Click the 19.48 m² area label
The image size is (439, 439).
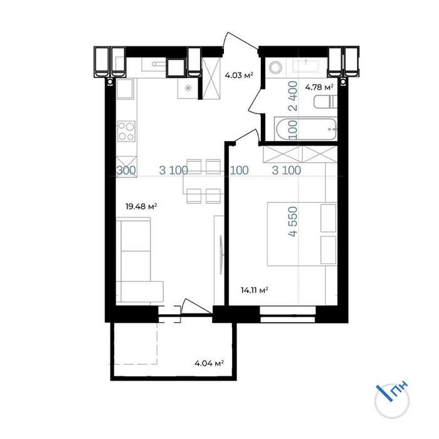click(x=141, y=207)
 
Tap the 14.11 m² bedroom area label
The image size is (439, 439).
click(x=255, y=290)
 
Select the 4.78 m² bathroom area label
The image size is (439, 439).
click(x=319, y=87)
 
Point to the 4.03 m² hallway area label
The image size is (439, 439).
click(x=239, y=75)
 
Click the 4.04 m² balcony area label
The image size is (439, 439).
click(x=209, y=364)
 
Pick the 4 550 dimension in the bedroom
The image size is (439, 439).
click(x=293, y=221)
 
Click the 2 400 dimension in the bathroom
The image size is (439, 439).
click(x=293, y=96)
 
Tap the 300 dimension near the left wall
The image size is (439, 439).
click(x=126, y=170)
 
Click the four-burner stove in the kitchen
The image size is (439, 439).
click(x=126, y=131)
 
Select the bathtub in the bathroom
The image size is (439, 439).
click(x=306, y=129)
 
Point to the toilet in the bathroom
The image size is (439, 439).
click(x=325, y=102)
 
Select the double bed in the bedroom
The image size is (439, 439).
click(x=302, y=234)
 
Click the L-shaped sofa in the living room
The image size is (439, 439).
click(x=139, y=260)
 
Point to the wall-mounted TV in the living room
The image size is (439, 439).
click(x=221, y=255)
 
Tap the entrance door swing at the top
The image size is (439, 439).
click(x=240, y=41)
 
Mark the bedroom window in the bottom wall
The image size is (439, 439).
click(x=287, y=314)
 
